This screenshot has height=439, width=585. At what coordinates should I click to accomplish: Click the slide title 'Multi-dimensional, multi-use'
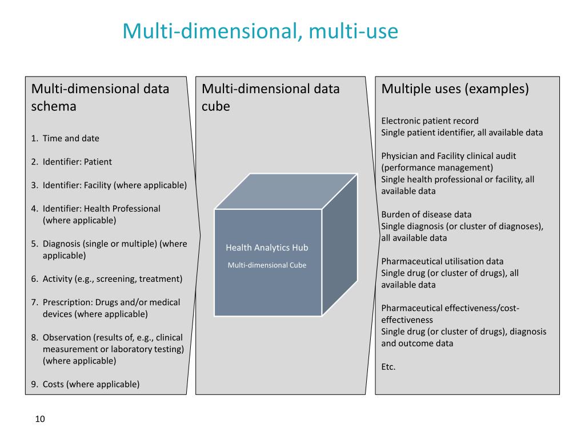[x=260, y=31]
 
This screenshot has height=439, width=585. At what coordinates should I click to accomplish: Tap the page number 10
[x=39, y=419]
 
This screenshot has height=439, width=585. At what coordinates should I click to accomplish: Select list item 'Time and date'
[x=70, y=138]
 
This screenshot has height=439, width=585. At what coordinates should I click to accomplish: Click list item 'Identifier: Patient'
[x=77, y=162]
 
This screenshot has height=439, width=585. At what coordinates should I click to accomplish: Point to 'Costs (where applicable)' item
[x=91, y=384]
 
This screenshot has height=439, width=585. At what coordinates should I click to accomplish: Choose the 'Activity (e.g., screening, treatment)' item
[x=112, y=279]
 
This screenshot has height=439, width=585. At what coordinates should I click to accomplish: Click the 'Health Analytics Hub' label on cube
[x=267, y=248]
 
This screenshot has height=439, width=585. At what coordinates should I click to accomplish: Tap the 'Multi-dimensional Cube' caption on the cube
[x=267, y=265]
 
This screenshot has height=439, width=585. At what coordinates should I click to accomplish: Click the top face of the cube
[x=286, y=191]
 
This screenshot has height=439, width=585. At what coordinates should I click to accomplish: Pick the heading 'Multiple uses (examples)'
[x=455, y=89]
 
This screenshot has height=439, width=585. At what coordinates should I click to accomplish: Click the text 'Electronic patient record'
[x=430, y=121]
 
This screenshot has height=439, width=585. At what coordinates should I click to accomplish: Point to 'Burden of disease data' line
[x=426, y=214]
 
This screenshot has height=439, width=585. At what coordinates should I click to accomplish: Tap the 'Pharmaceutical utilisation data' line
[x=442, y=261]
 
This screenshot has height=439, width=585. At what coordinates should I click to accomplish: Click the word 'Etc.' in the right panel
[x=388, y=367]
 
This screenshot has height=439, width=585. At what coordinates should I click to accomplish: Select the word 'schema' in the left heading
[x=54, y=106]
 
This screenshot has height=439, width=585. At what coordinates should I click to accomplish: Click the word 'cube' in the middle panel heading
[x=216, y=106]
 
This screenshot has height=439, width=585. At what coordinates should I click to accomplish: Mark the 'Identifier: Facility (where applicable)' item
[x=114, y=185]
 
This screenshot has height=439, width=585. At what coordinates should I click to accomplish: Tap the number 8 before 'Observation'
[x=34, y=337]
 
